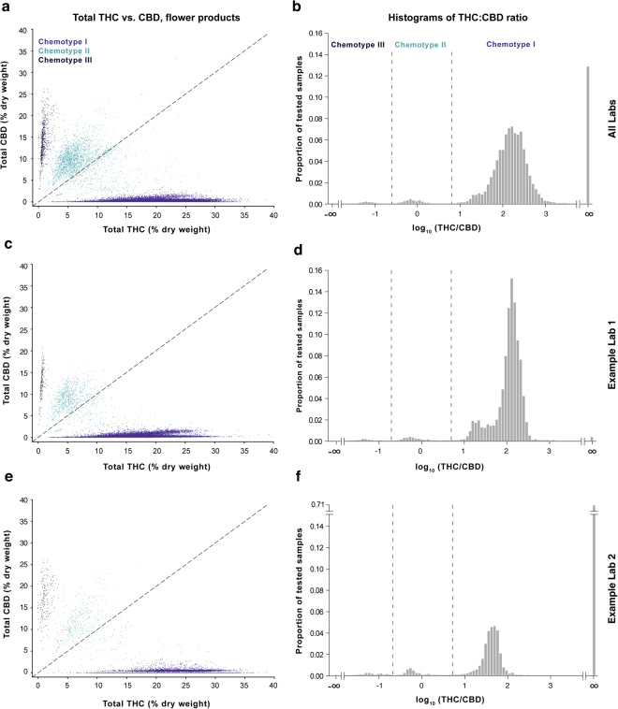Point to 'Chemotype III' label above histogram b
358,43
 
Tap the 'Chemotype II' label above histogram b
421,43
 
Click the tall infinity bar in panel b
588,136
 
